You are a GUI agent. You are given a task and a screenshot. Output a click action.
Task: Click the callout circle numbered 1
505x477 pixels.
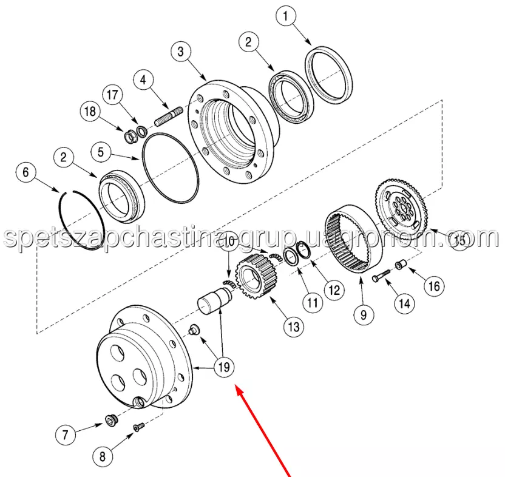click(x=286, y=16)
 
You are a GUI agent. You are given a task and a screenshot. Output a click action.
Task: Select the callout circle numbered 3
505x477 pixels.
click(x=181, y=51)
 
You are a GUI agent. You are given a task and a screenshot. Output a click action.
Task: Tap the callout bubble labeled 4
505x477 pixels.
click(x=143, y=79)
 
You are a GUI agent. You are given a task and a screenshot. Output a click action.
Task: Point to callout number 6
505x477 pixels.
click(x=25, y=172)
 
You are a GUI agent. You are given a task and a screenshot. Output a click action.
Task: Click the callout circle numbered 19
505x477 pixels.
click(x=224, y=367)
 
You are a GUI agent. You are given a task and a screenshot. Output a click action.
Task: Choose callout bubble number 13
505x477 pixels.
click(x=294, y=327)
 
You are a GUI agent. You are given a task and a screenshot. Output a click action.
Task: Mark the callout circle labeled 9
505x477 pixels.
click(x=364, y=314)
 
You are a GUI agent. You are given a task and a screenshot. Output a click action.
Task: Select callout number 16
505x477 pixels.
click(x=435, y=285)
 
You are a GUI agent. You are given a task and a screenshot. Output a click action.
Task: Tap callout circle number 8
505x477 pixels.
click(x=103, y=456)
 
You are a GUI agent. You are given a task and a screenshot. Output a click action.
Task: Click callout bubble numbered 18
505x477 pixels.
click(x=90, y=111)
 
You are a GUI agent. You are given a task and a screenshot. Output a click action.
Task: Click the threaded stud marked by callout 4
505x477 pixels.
click(x=169, y=117)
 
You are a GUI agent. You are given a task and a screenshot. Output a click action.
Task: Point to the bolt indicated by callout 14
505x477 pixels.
click(x=381, y=276)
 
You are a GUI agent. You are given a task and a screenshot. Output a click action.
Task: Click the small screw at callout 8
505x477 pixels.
click(x=139, y=427)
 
